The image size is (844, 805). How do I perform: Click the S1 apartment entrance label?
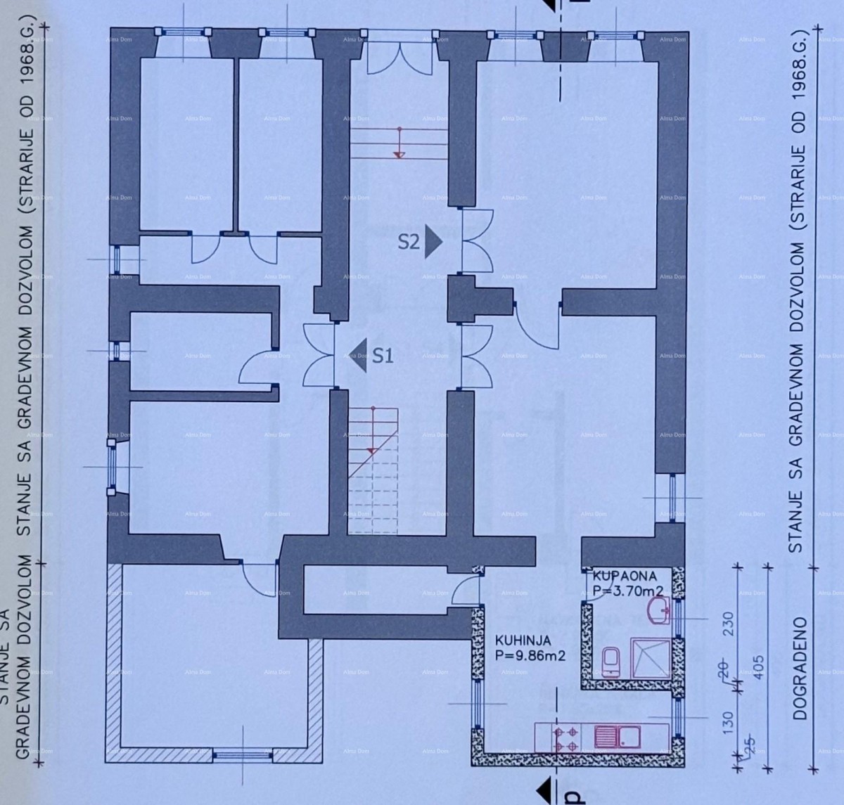(x=382, y=356)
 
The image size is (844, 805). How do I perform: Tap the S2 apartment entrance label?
(x=409, y=243)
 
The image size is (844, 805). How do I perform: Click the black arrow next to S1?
(x=358, y=356)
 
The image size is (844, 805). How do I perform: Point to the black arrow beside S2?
(x=433, y=243)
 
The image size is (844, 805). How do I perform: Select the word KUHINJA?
(x=521, y=640)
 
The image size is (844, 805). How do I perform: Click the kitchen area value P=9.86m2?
(x=530, y=655)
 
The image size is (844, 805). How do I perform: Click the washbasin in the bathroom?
(x=661, y=611)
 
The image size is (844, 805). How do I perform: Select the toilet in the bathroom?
(x=610, y=662)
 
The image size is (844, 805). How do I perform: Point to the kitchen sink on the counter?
(x=617, y=737)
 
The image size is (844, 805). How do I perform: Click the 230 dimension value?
(x=727, y=623)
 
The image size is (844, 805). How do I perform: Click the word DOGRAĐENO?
(x=800, y=668)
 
